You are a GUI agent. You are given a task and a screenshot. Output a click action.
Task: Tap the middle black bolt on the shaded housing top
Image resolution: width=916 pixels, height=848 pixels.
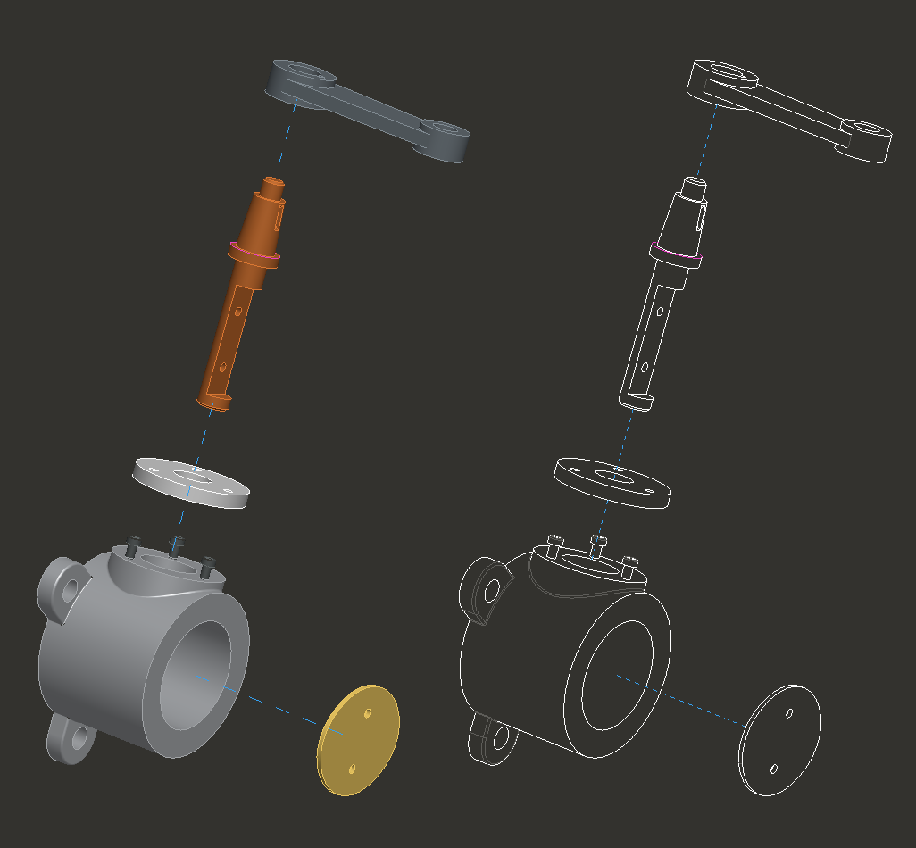pyautogui.click(x=176, y=542)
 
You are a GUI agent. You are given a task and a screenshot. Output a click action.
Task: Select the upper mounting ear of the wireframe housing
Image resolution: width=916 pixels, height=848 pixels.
pyautogui.click(x=485, y=587)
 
